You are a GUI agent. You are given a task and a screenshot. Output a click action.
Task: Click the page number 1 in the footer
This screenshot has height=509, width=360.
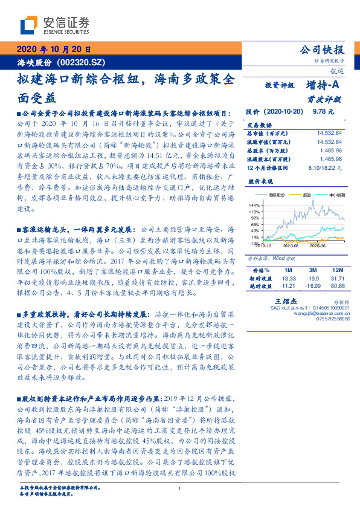click(x=179, y=489)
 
